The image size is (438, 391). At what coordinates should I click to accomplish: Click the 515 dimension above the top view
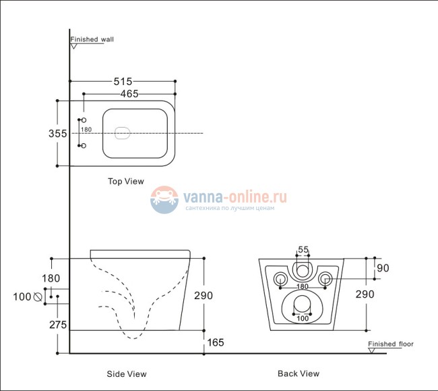point(123,81)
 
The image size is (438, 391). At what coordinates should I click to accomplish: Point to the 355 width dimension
point(57,134)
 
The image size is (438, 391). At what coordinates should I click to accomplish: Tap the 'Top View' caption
point(126,181)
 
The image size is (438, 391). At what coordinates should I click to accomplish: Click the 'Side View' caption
point(126,373)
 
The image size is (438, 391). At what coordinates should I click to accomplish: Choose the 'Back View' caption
point(299,373)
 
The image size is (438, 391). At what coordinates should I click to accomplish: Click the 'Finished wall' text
point(92,40)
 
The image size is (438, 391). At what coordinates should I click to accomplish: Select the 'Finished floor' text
point(391,344)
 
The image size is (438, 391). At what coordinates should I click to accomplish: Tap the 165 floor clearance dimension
point(215,343)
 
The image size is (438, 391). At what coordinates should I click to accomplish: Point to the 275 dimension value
point(57,325)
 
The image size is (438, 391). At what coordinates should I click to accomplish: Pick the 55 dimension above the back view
point(303,250)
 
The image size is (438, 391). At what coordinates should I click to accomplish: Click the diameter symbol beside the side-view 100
point(38,296)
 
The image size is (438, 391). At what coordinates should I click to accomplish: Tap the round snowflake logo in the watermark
point(164,201)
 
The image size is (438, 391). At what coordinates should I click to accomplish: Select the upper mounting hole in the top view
point(84,121)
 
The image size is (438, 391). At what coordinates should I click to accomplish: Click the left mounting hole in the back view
point(279,277)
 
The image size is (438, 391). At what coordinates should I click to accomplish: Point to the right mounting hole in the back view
point(325,277)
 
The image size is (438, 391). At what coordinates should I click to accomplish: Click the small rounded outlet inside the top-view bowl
point(123,134)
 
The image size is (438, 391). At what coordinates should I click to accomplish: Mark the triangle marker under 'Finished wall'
point(74,47)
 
